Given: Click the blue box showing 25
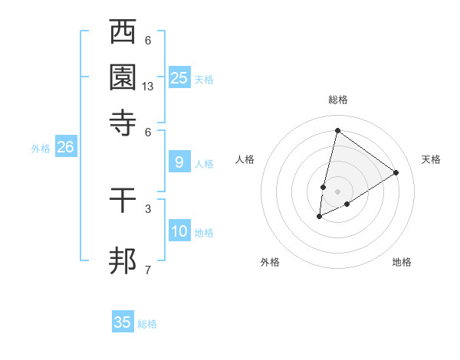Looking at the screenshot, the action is pyautogui.click(x=179, y=78).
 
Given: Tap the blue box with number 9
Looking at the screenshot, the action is pyautogui.click(x=179, y=162).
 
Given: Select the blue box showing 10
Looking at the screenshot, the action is pyautogui.click(x=179, y=231).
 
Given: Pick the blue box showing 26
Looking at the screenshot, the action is pyautogui.click(x=65, y=147).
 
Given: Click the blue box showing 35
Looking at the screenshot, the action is pyautogui.click(x=123, y=322).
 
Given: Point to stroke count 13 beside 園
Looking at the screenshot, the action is pyautogui.click(x=148, y=87).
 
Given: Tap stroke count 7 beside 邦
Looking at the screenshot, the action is pyautogui.click(x=148, y=269).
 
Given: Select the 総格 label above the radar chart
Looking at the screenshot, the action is pyautogui.click(x=337, y=100).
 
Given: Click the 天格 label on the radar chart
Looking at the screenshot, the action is pyautogui.click(x=431, y=159).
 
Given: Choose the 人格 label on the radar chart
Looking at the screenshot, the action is pyautogui.click(x=245, y=159).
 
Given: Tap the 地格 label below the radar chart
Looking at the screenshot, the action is pyautogui.click(x=402, y=262).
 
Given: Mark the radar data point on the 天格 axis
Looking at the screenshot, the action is pyautogui.click(x=396, y=172).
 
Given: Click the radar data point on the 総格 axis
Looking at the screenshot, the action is pyautogui.click(x=337, y=130).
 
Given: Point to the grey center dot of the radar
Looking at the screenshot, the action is pyautogui.click(x=337, y=191).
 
